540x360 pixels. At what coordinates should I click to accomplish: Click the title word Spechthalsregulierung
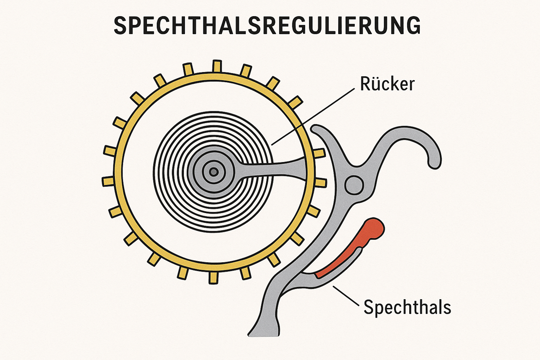coord(267,26)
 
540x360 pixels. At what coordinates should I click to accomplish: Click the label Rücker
coord(387,84)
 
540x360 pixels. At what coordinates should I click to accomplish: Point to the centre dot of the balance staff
coord(213,171)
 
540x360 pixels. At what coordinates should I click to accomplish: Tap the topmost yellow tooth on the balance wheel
coord(216,66)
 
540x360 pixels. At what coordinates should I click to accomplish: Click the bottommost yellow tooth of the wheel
coord(213,277)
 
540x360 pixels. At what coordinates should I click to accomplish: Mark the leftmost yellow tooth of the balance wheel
coord(108,181)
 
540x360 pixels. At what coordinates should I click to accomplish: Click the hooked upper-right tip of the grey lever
coord(433,161)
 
